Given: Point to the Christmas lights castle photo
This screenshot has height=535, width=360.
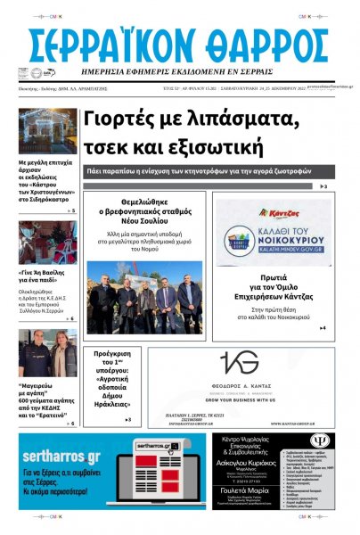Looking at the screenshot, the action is pos(47,131).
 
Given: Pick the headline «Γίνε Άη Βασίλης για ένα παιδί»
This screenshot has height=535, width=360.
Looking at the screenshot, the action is pos(47,275).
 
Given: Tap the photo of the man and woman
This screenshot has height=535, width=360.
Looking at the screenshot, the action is pos(47,354).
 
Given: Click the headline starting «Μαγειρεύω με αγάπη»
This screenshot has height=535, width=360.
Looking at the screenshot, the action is pos(47,399).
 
